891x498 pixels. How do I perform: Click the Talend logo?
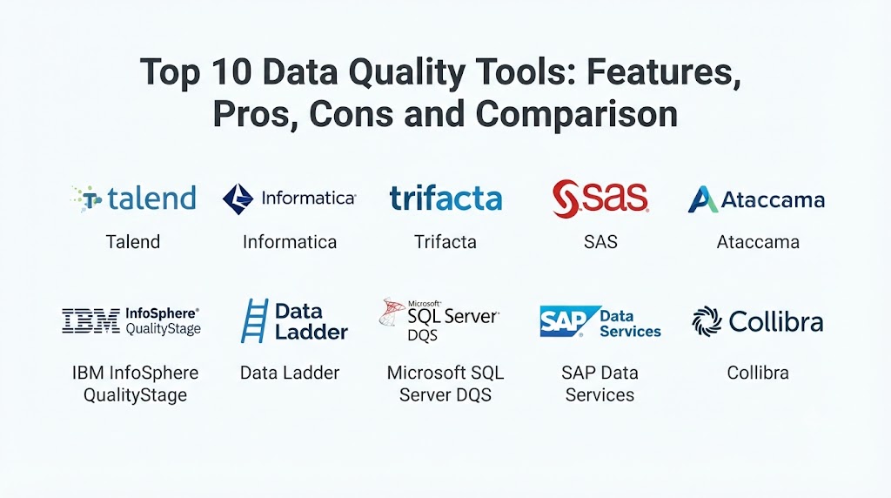(133, 199)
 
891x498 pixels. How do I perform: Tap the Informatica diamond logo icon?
(238, 199)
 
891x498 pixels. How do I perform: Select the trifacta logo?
(445, 198)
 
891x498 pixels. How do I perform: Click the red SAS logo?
(600, 198)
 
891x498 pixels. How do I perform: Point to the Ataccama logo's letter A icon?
(702, 199)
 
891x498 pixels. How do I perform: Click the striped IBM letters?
(90, 320)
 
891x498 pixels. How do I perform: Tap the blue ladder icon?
(254, 320)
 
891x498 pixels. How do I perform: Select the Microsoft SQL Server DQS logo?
(439, 320)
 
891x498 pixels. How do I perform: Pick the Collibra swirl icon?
(707, 321)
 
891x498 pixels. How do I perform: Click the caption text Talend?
(133, 242)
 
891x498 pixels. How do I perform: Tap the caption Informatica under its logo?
(290, 242)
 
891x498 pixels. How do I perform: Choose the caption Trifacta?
(445, 242)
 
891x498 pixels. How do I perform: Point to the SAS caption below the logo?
(600, 242)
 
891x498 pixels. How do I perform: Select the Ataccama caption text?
(758, 242)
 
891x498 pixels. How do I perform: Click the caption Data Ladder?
(290, 373)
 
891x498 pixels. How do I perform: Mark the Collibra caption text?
(758, 373)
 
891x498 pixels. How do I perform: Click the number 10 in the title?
(229, 71)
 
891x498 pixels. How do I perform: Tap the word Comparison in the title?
(577, 114)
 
